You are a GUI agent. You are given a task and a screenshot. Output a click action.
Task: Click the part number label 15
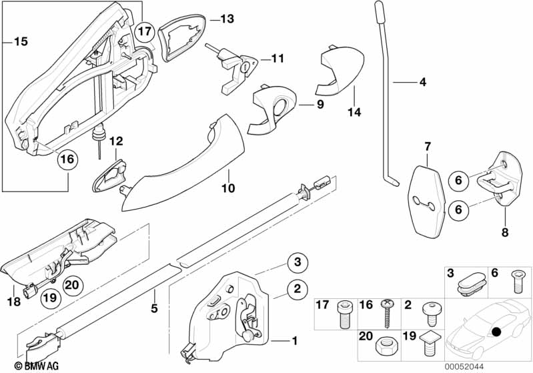[x=21, y=41]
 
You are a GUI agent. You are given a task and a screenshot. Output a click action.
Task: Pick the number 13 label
[x=227, y=19]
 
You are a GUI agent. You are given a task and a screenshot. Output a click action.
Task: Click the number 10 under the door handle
[x=228, y=189]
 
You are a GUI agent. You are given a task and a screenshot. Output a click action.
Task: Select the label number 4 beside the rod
[x=422, y=83]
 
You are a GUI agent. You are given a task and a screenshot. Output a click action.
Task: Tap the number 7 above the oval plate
[x=428, y=145]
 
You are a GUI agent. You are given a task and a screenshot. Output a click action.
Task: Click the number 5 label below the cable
[x=155, y=309]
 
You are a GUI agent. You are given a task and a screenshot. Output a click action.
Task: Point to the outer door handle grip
[x=180, y=160]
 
